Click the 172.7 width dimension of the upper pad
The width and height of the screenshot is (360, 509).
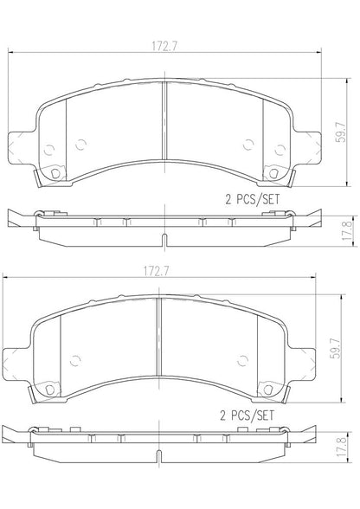pos(164,47)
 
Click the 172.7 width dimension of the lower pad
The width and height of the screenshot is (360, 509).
pos(157,272)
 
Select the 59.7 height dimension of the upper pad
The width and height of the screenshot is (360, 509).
pos(340,131)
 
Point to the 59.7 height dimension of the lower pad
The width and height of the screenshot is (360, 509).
pos(335,348)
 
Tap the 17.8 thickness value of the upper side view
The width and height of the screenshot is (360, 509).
pos(347,230)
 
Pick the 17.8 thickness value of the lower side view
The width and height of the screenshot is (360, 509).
pos(342,447)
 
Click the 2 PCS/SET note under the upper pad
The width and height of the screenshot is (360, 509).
pos(252,199)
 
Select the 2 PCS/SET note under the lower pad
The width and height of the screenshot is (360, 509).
pos(247,416)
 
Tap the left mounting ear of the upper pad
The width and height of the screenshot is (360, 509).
pos(21,146)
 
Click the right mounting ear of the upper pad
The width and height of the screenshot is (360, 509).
pos(308,146)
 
